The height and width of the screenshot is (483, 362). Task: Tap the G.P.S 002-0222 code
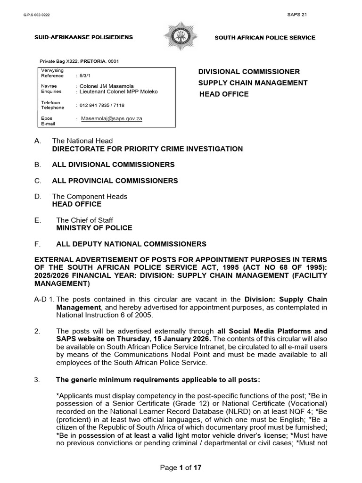[36, 15]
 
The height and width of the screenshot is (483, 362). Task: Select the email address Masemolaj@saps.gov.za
[111, 119]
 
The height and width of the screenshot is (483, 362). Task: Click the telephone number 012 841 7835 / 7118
[102, 105]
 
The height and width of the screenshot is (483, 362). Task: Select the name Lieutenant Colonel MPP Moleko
[118, 92]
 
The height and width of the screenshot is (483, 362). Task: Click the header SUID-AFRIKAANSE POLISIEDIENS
[83, 37]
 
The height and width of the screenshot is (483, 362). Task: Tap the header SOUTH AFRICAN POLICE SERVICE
[265, 38]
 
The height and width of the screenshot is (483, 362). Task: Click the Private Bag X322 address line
[79, 61]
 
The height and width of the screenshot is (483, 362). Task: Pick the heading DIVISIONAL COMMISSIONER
[248, 72]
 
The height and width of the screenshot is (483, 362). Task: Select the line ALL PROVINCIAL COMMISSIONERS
[115, 181]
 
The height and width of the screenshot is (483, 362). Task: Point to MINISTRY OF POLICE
[94, 228]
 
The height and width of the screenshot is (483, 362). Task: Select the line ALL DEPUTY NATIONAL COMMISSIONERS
[131, 244]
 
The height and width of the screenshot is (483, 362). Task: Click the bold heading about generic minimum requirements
[158, 380]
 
